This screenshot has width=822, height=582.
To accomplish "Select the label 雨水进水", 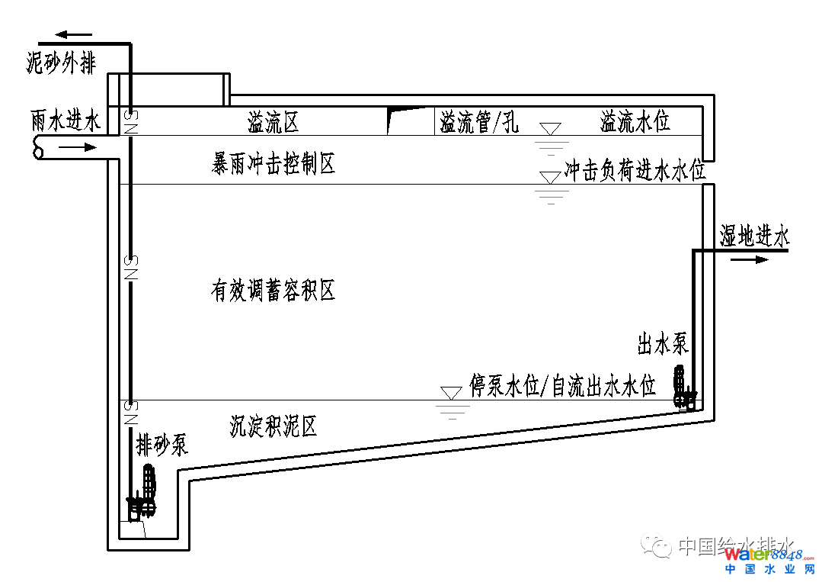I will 66,121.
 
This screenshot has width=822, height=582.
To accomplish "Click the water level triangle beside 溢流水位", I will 550,129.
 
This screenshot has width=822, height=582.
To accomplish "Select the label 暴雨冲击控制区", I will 273,163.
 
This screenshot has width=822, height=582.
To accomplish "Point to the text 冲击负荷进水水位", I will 635,171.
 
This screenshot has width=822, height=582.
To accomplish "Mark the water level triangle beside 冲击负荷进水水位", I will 550,178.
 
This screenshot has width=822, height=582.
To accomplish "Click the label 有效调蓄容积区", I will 273,291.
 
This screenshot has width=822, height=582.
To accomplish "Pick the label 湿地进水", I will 753,236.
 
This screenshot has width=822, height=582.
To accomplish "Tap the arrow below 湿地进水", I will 750,259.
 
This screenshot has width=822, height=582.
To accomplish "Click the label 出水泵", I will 663,345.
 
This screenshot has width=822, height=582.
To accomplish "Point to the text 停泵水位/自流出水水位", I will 562,386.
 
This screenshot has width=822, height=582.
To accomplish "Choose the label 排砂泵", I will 162,444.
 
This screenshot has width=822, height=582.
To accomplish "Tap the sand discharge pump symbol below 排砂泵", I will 145,492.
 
